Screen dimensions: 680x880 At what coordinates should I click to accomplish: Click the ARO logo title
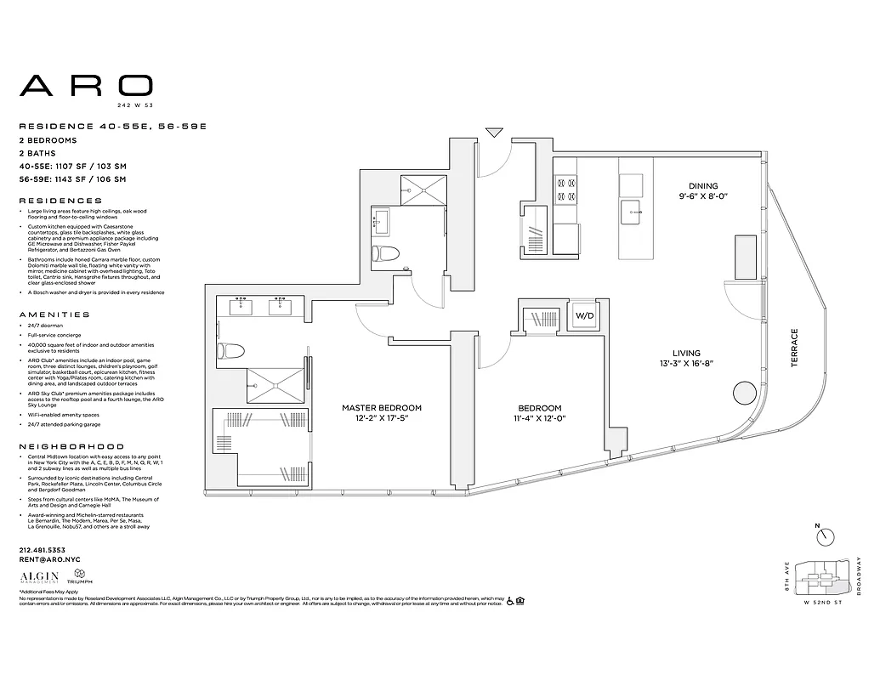[87, 85]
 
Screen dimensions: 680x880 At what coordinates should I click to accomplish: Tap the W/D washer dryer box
[584, 316]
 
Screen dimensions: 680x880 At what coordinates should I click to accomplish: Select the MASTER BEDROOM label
[382, 408]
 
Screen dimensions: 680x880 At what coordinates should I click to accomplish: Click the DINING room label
[703, 186]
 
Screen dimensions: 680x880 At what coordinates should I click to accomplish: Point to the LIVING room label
[686, 354]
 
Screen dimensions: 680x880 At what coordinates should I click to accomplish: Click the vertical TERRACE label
[795, 348]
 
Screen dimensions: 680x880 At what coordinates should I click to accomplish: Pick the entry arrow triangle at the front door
[494, 133]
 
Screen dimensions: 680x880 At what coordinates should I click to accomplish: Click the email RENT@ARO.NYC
[48, 560]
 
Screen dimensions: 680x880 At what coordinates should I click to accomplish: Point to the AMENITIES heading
[54, 314]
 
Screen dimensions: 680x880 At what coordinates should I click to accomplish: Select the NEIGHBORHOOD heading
[71, 446]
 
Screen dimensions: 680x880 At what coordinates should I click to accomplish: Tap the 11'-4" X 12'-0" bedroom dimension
[539, 419]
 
